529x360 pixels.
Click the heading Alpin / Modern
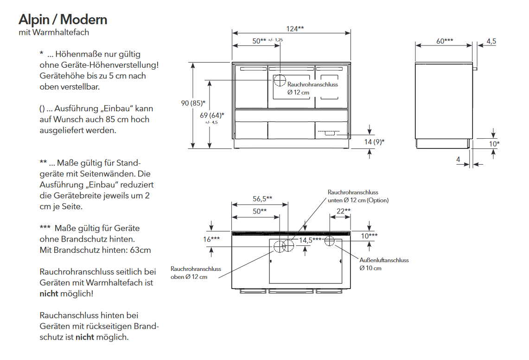[x=63, y=19]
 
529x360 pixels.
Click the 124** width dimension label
[x=295, y=29]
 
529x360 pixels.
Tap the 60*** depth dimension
[x=445, y=41]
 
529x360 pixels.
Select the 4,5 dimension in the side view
[x=491, y=41]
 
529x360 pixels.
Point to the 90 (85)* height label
[x=193, y=103]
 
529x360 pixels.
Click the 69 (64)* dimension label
[x=212, y=115]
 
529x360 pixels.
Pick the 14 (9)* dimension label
[x=374, y=142]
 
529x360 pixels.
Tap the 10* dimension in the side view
[x=494, y=144]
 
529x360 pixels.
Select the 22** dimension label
[x=344, y=211]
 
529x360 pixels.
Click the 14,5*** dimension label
[x=310, y=240]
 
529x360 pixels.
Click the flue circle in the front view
[x=279, y=80]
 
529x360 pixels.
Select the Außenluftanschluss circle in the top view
[x=330, y=241]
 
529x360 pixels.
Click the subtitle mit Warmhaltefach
[x=54, y=32]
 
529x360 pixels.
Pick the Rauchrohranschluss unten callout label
[x=358, y=196]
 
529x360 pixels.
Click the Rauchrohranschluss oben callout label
[x=196, y=273]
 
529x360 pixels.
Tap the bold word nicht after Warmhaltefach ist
[x=49, y=294]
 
